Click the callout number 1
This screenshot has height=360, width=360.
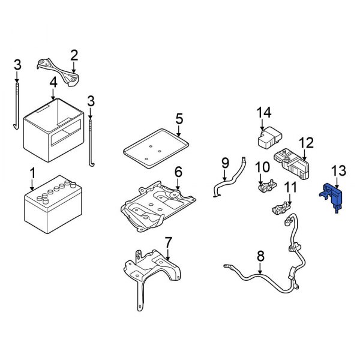point(32,173)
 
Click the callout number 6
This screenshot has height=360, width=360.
point(178,173)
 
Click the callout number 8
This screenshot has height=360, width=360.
point(260,257)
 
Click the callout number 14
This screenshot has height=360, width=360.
point(264,113)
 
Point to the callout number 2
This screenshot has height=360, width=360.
point(74,56)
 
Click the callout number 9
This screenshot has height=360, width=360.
point(225,162)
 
